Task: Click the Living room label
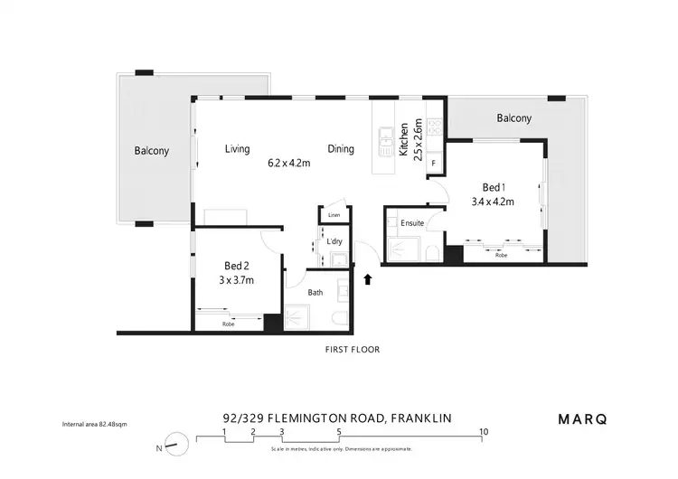pyautogui.click(x=238, y=149)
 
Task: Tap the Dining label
pyautogui.click(x=341, y=149)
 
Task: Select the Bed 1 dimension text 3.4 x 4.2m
pyautogui.click(x=493, y=202)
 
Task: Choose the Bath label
pyautogui.click(x=315, y=293)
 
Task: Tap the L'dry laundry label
pyautogui.click(x=334, y=241)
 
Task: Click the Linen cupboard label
pyautogui.click(x=334, y=215)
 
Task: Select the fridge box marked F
pyautogui.click(x=434, y=164)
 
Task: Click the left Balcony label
pyautogui.click(x=152, y=151)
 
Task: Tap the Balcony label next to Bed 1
pyautogui.click(x=513, y=118)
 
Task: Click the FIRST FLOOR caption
pyautogui.click(x=353, y=349)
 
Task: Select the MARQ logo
pyautogui.click(x=582, y=418)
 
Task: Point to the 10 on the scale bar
pyautogui.click(x=484, y=432)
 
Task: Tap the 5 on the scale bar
pyautogui.click(x=339, y=432)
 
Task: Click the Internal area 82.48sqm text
pyautogui.click(x=94, y=424)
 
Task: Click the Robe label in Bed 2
pyautogui.click(x=228, y=323)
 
